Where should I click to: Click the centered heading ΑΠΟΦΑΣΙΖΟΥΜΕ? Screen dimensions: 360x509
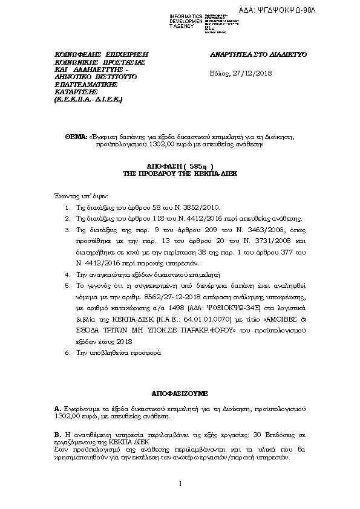[x=180, y=392]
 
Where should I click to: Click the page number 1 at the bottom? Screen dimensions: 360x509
[x=180, y=484]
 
